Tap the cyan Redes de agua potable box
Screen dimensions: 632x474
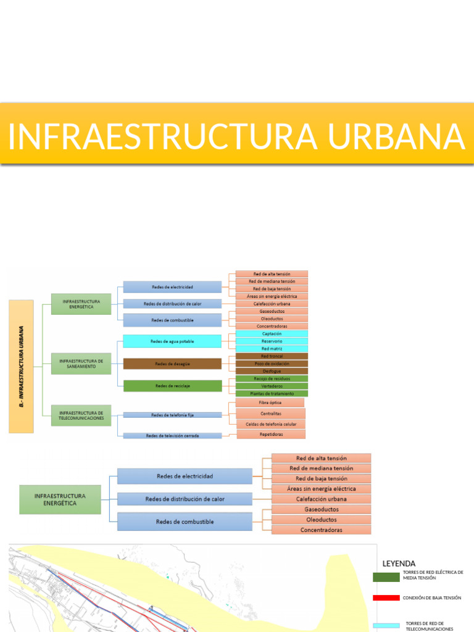(172, 341)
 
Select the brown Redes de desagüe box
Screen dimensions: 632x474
(172, 364)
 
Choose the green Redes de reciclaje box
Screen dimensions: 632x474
(172, 386)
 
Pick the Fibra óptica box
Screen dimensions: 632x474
(270, 402)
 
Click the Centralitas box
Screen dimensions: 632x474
(270, 413)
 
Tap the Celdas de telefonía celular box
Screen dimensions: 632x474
(270, 424)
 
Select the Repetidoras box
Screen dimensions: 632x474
(270, 434)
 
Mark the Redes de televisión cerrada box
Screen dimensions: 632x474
(172, 436)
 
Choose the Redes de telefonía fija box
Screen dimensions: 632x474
(172, 415)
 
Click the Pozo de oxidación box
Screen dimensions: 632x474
(272, 364)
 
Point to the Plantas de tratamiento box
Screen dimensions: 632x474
(272, 393)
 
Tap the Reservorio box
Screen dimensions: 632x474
(272, 341)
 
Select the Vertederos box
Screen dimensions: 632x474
(272, 386)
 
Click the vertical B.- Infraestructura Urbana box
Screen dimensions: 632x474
(22, 366)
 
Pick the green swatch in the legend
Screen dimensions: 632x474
(386, 577)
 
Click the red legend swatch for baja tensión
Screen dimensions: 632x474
(386, 597)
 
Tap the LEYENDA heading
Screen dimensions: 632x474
(399, 563)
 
